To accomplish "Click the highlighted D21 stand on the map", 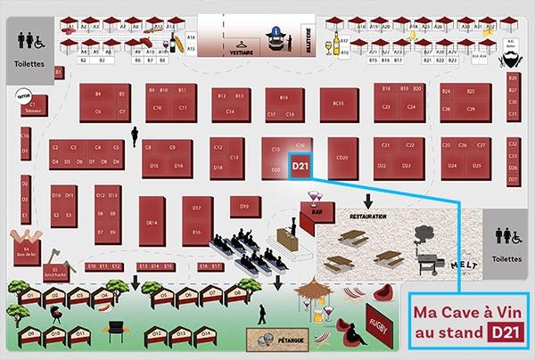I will pyautogui.click(x=300, y=165).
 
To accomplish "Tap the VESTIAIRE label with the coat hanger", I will pyautogui.click(x=240, y=53).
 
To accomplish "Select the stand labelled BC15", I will pyautogui.click(x=338, y=104).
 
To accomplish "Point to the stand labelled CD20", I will pyautogui.click(x=342, y=158).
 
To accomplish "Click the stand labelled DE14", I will pyautogui.click(x=152, y=222).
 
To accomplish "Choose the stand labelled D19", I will pyautogui.click(x=243, y=206).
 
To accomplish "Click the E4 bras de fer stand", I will pyautogui.click(x=26, y=242).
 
